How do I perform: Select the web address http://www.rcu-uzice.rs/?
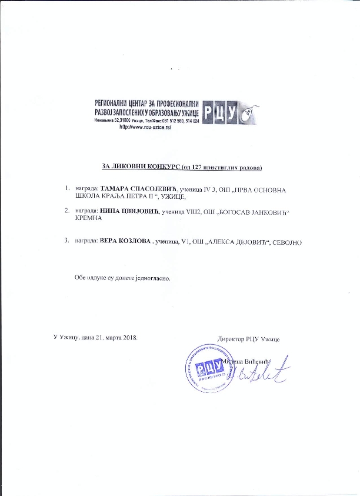(x=145, y=127)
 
